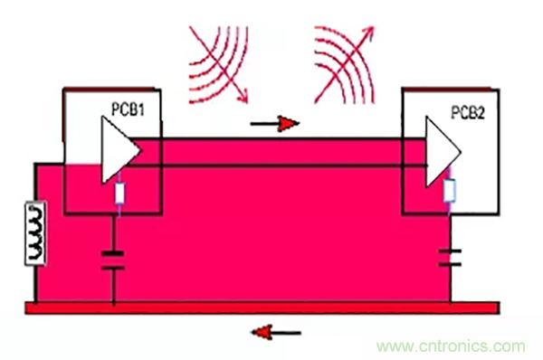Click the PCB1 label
(x=128, y=109)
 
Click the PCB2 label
(x=468, y=112)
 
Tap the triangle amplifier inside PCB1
(x=120, y=150)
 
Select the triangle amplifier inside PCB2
(x=443, y=152)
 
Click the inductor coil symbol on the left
(x=35, y=233)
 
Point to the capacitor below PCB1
(x=113, y=261)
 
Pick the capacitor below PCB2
(x=450, y=258)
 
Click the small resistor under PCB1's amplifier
(x=119, y=194)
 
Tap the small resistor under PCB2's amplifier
(x=450, y=190)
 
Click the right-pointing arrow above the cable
(x=274, y=124)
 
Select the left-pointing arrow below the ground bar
(x=276, y=333)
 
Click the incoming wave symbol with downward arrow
(x=218, y=65)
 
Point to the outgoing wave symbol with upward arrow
(x=344, y=65)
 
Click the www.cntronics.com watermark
(x=451, y=346)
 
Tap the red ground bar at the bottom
(x=262, y=308)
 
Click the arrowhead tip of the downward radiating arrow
(x=247, y=103)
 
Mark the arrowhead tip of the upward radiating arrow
(x=373, y=26)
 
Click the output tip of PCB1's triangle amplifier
(x=140, y=150)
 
